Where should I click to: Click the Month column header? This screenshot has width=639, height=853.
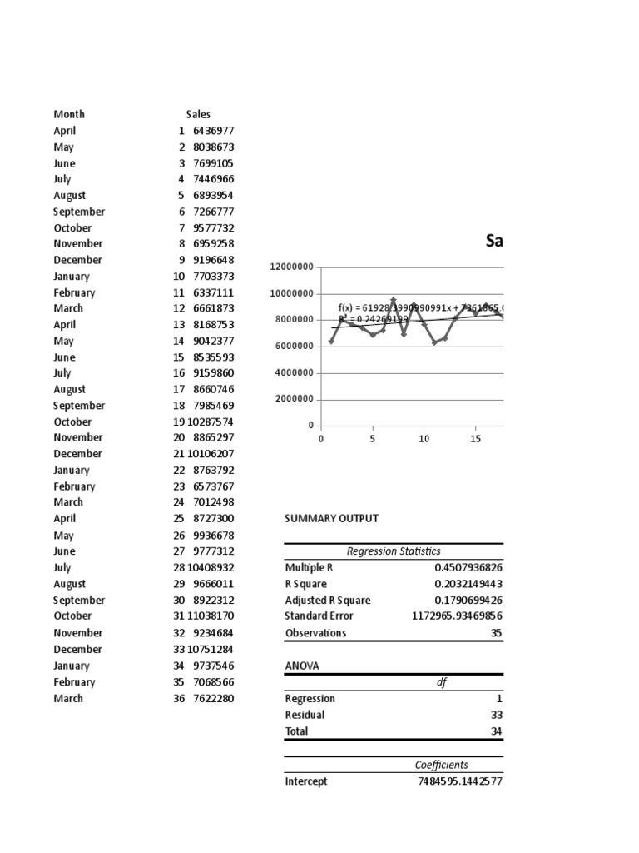coord(69,114)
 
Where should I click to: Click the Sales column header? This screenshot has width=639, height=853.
coord(198,114)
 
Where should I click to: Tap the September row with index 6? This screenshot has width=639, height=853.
coord(79,212)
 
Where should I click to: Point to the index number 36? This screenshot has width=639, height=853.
coord(179,698)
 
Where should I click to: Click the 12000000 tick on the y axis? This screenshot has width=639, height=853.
coord(291,267)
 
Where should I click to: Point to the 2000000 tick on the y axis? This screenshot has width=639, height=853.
coord(294,399)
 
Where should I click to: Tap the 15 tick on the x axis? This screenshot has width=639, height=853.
coord(475,439)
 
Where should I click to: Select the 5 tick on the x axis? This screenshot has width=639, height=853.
coord(373,439)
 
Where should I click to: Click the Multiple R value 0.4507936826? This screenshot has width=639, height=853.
coord(457,567)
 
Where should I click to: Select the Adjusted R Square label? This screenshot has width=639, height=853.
coord(328,600)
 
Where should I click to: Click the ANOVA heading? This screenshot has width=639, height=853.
coord(301,666)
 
